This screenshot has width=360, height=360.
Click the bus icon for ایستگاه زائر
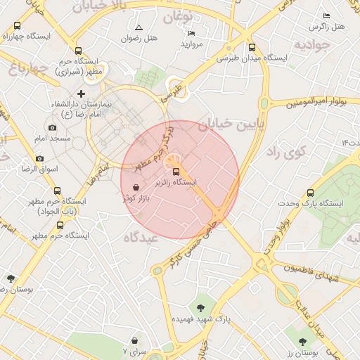[176, 172]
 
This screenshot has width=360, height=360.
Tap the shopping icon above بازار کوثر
[135, 188]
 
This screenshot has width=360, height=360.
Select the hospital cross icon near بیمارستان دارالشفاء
[81, 94]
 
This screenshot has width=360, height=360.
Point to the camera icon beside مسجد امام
[52, 127]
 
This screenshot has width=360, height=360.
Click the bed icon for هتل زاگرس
[326, 15]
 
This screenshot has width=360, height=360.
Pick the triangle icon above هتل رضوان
[139, 27]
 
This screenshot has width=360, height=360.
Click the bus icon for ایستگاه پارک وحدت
[311, 192]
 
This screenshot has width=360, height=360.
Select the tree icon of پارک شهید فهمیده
[202, 307]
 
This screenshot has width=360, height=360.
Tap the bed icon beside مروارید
[192, 33]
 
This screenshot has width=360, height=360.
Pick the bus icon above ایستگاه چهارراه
[17, 25]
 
